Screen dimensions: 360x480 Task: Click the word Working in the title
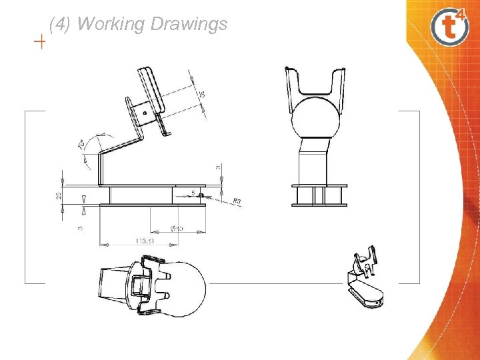pos(111,25)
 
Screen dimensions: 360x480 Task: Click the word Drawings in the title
pos(189,25)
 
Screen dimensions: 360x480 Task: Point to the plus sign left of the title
pos(40,43)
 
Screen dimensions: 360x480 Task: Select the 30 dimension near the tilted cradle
pos(202,95)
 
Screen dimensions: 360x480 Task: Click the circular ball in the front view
pos(317,119)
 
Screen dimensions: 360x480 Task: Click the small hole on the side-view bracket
pos(145,113)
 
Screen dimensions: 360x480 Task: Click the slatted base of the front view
pos(319,195)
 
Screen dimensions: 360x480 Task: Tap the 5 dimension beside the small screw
pos(193,193)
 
